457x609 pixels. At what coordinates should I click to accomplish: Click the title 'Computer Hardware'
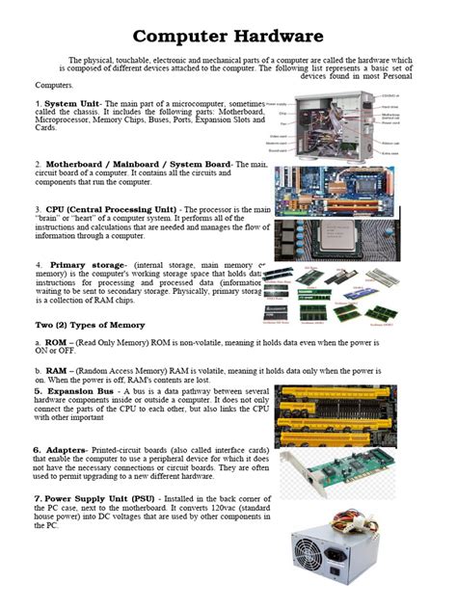pyautogui.click(x=228, y=37)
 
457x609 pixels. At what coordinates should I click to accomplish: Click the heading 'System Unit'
pyautogui.click(x=73, y=103)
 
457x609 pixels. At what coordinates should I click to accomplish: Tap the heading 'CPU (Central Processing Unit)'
pyautogui.click(x=112, y=209)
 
